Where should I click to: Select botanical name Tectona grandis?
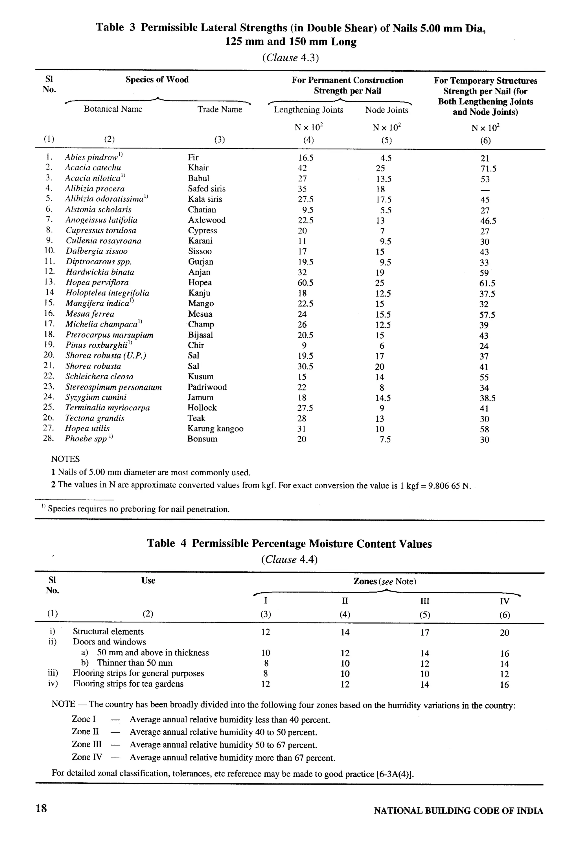pyautogui.click(x=95, y=418)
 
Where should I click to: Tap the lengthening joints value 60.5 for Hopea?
pyautogui.click(x=305, y=283)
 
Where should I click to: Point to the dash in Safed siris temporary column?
pyautogui.click(x=485, y=190)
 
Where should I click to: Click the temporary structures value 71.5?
pyautogui.click(x=488, y=169)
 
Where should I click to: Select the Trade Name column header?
pyautogui.click(x=220, y=109)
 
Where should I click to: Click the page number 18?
pyautogui.click(x=41, y=808)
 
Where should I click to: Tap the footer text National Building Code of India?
pyautogui.click(x=458, y=811)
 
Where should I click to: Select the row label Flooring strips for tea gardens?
pyautogui.click(x=128, y=683)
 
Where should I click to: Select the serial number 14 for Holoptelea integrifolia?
pyautogui.click(x=49, y=292)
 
